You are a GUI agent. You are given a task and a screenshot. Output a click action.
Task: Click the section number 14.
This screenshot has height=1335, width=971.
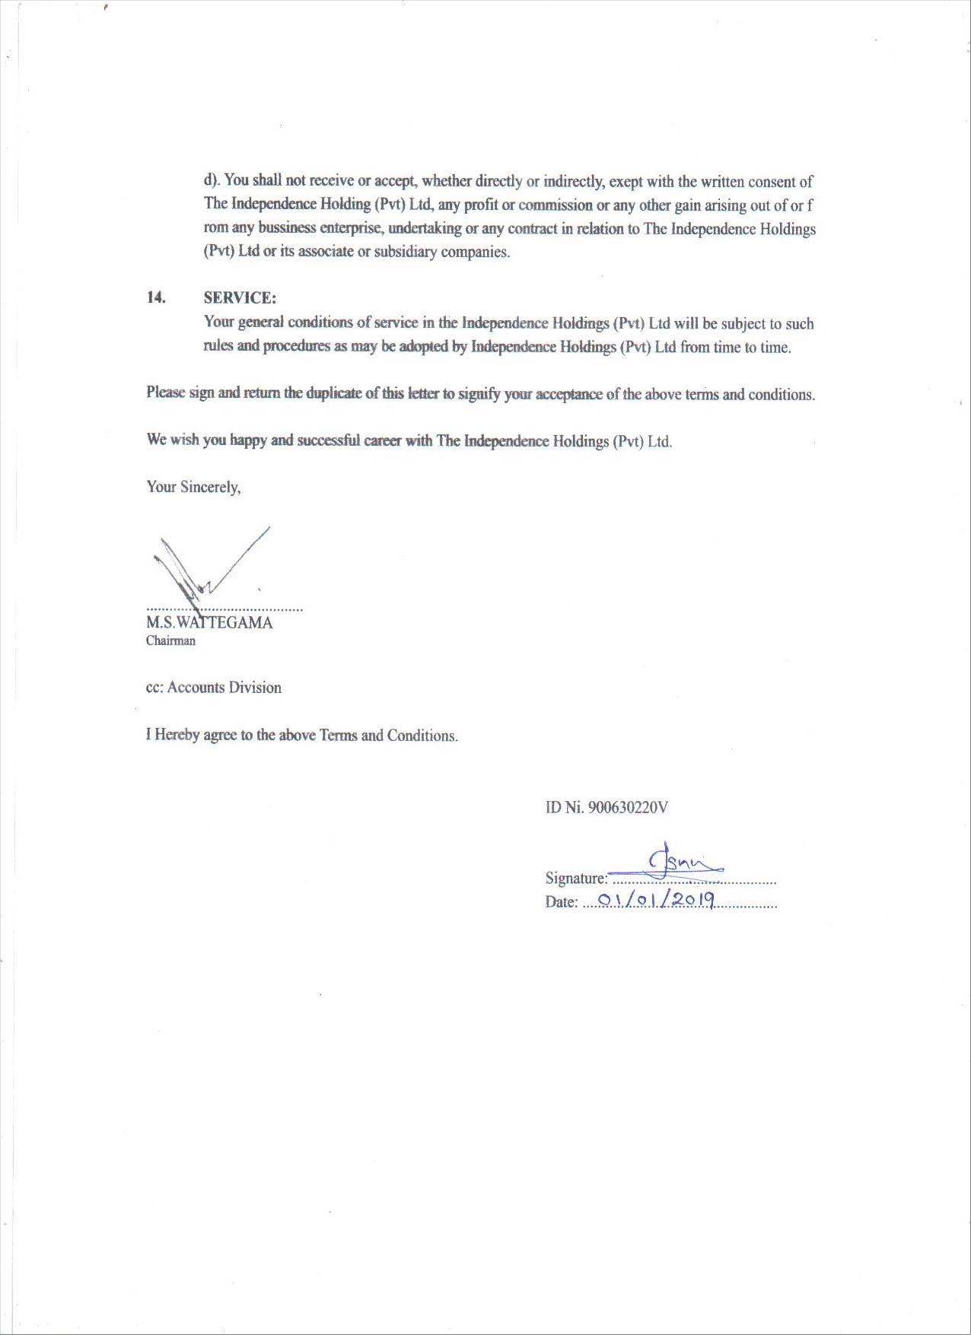[x=156, y=297]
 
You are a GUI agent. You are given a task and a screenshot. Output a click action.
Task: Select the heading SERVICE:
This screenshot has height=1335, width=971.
[x=240, y=298]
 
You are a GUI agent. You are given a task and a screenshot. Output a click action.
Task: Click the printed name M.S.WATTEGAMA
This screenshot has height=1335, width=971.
[x=209, y=623]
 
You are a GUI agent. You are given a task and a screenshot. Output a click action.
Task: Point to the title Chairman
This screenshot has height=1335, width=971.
[x=170, y=640]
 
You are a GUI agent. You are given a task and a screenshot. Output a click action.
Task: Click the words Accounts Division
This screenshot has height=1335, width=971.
[x=224, y=688]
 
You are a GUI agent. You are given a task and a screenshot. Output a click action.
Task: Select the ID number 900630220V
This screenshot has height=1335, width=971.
[x=629, y=808]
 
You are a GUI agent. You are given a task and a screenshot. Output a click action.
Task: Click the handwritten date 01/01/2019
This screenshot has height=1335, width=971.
[x=656, y=901]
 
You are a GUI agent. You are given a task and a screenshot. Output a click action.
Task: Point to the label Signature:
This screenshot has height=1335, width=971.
[x=576, y=879]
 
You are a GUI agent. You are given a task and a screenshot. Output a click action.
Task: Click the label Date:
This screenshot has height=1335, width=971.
[x=562, y=903]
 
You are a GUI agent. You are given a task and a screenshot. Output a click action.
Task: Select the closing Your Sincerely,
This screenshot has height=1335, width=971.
[x=193, y=488]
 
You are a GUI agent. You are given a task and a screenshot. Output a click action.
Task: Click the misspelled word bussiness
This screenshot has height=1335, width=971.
[x=287, y=228]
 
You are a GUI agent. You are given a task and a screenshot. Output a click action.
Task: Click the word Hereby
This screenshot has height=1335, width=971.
[x=177, y=736]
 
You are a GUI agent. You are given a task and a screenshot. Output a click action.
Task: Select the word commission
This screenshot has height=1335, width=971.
[x=555, y=205]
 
